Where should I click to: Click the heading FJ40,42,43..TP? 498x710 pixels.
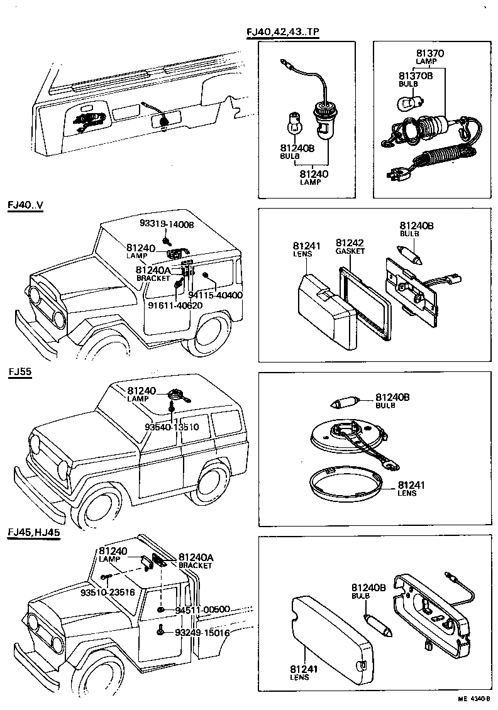(285, 33)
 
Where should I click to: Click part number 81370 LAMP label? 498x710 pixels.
(430, 57)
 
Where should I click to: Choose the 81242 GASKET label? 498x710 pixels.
(350, 246)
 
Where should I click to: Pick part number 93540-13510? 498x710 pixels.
(171, 427)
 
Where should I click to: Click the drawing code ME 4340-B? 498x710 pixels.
(473, 698)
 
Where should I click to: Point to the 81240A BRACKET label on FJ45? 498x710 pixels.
(196, 560)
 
